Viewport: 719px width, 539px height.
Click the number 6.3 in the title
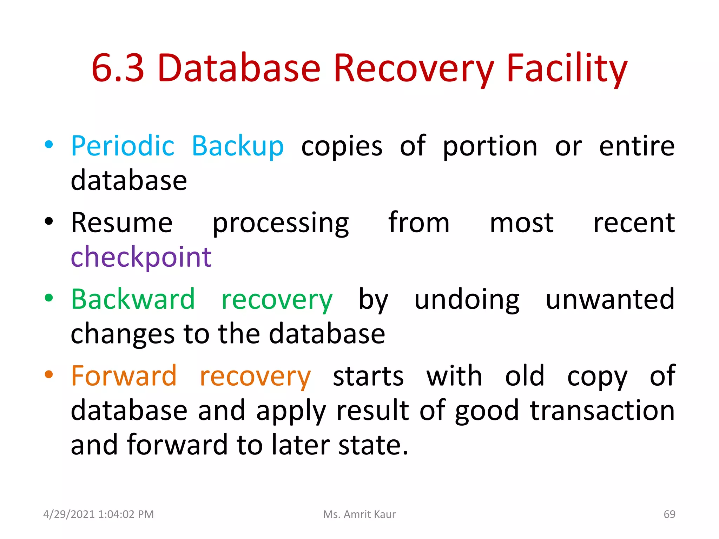tap(118, 68)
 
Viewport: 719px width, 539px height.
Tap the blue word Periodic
tap(123, 146)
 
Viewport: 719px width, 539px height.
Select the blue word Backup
tap(238, 146)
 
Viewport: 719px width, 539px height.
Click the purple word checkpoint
tap(141, 257)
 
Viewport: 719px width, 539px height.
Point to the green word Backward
tap(133, 299)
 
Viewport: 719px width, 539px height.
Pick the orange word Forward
tap(124, 376)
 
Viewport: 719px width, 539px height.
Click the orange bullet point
tap(49, 374)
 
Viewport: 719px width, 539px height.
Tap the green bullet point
tap(49, 298)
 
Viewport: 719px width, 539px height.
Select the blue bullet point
tap(49, 145)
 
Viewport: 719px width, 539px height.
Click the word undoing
tap(467, 299)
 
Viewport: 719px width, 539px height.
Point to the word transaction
tap(602, 410)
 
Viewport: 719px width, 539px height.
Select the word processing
tap(281, 223)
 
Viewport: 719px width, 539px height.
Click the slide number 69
tap(669, 514)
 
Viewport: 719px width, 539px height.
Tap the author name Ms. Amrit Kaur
tap(359, 514)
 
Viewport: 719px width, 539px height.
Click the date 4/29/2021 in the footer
tap(69, 514)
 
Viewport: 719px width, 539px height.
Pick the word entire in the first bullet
tap(636, 146)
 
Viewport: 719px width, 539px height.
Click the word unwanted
tap(610, 299)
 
